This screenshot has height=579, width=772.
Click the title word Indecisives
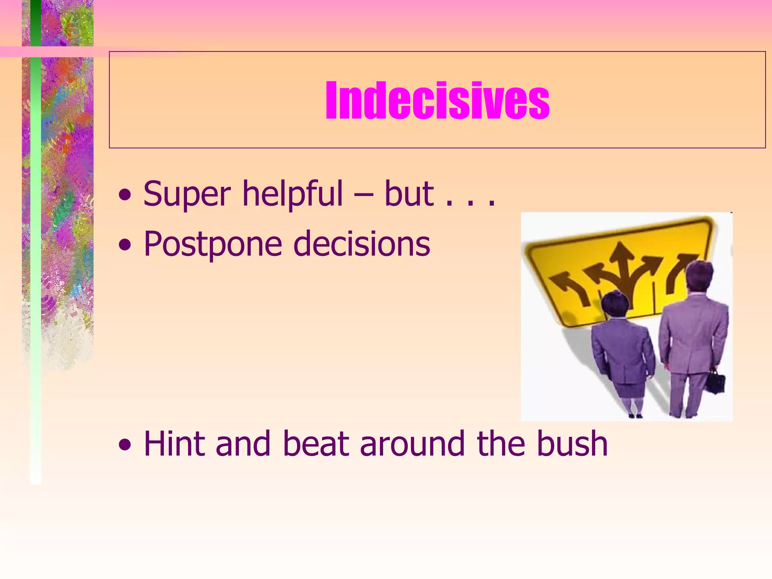click(x=437, y=101)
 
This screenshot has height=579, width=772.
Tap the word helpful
click(x=292, y=194)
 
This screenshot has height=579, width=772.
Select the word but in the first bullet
click(x=409, y=194)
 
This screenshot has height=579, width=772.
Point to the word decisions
click(x=361, y=244)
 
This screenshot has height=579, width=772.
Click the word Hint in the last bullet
click(x=175, y=444)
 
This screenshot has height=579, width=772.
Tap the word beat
click(x=316, y=444)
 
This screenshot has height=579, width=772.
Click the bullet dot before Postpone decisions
click(x=125, y=246)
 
